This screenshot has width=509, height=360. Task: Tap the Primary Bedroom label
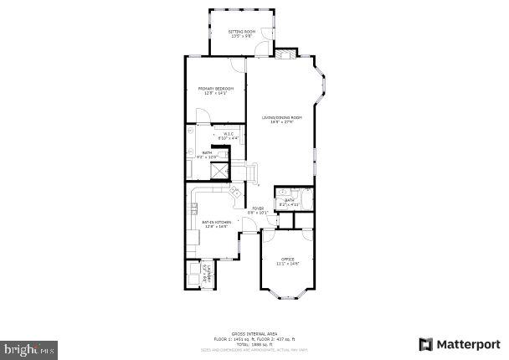[x=215, y=89]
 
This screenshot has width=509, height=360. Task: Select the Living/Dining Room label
[x=281, y=116]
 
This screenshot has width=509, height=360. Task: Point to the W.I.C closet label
[x=228, y=133]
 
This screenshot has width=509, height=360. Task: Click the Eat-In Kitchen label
[x=216, y=222]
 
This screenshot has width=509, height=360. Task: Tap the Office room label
[x=287, y=259]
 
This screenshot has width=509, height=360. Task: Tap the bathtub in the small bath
[x=306, y=200]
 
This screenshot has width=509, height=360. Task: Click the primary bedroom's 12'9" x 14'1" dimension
[x=215, y=94]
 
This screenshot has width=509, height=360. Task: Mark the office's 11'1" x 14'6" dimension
[x=287, y=264]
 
